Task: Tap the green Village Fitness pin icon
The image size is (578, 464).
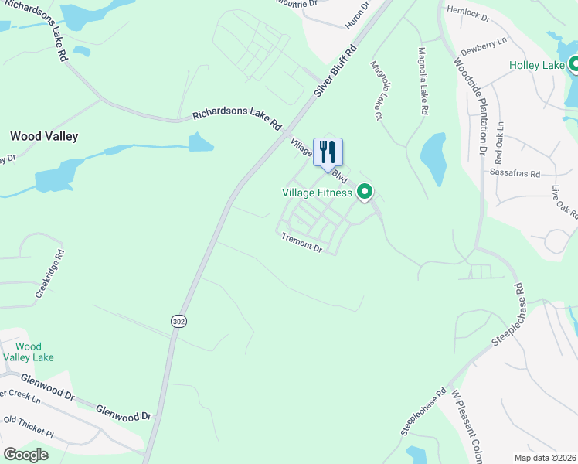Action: click(x=364, y=193)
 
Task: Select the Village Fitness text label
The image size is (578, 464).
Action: click(x=318, y=193)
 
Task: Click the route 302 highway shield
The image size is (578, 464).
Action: click(x=178, y=321)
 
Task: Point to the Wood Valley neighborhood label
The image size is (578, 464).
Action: click(x=44, y=136)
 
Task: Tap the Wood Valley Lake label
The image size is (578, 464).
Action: click(x=29, y=352)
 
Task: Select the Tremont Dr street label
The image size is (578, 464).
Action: click(x=301, y=242)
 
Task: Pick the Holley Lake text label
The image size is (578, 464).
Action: click(x=537, y=65)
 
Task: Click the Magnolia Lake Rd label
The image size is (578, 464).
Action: click(x=422, y=81)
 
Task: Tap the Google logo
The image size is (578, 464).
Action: click(x=26, y=454)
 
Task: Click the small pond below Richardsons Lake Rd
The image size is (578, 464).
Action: click(x=200, y=142)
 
